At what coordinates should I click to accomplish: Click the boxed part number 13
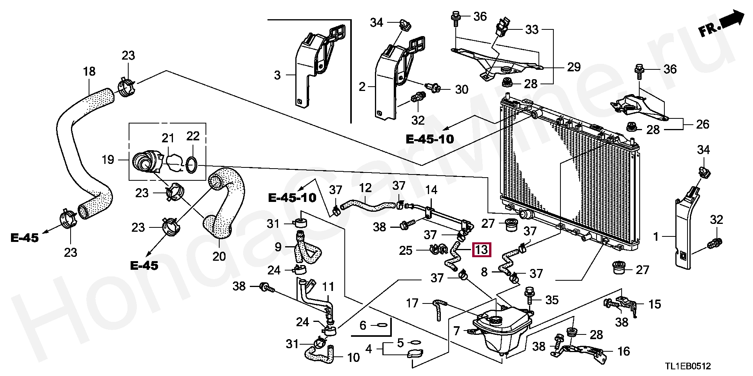[x=482, y=249]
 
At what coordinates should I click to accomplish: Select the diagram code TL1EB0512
[x=688, y=366]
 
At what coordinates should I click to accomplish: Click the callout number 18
[x=89, y=71]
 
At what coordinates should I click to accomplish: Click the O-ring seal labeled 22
[x=191, y=165]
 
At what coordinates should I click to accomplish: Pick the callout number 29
[x=573, y=67]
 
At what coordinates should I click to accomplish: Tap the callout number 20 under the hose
[x=219, y=256]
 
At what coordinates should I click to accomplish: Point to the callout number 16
[x=624, y=351]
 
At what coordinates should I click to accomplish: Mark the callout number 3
[x=277, y=74]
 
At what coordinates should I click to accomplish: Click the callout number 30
[x=462, y=89]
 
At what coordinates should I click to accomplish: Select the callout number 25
[x=406, y=250]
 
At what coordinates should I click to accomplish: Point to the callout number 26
[x=702, y=124]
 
